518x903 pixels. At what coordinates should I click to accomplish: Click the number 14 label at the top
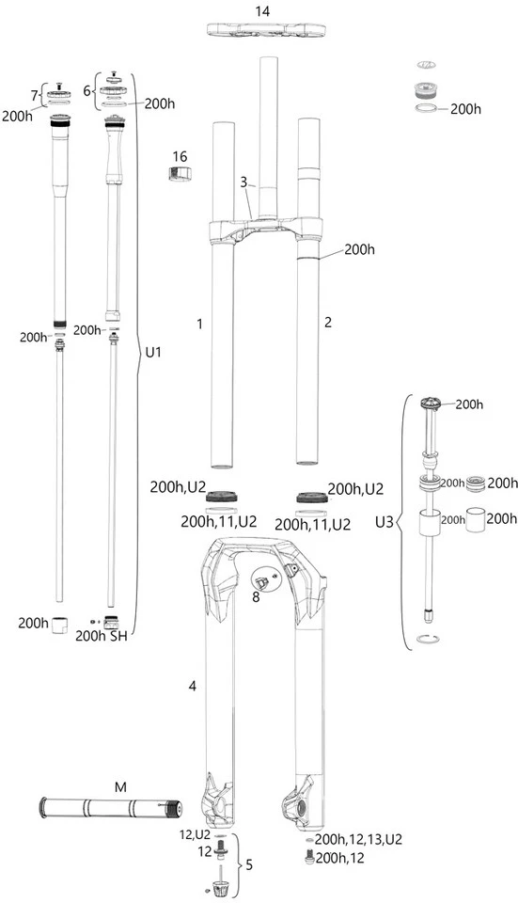[262, 11]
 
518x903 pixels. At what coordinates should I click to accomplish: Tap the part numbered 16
[180, 172]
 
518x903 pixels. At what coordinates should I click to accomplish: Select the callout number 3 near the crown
[243, 182]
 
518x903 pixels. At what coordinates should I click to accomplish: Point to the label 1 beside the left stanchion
[199, 325]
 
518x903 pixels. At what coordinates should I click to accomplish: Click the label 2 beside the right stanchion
[328, 322]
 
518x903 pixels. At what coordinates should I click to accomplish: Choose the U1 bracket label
[153, 353]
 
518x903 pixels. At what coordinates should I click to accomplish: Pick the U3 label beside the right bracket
[385, 522]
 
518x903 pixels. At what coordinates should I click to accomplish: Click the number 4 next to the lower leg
[192, 686]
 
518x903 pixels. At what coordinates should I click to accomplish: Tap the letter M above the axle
[120, 787]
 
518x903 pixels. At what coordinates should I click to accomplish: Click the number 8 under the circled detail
[256, 597]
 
